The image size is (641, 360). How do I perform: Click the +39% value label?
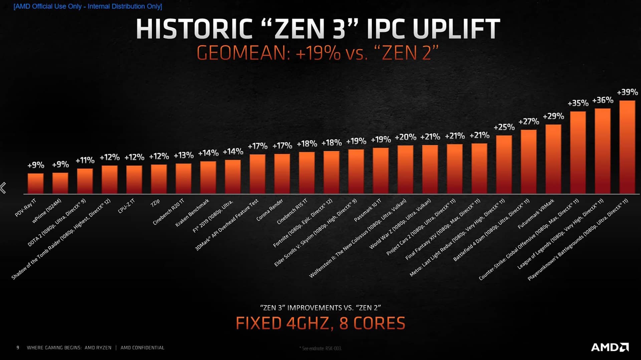(x=627, y=92)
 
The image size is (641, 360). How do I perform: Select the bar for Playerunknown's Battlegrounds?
(x=627, y=147)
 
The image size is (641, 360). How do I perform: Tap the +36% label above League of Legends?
(x=603, y=100)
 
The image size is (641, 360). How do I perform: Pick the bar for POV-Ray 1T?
(x=35, y=183)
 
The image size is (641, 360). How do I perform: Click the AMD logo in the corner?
(x=610, y=347)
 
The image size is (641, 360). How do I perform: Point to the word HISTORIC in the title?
(x=194, y=29)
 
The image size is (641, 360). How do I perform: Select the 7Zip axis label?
(x=155, y=203)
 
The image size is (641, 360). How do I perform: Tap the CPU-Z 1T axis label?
(x=127, y=206)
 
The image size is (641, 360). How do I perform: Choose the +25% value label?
(x=504, y=127)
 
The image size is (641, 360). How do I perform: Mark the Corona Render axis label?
(x=270, y=210)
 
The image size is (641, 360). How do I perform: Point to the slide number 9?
(x=18, y=348)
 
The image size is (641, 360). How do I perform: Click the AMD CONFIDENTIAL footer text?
(x=142, y=348)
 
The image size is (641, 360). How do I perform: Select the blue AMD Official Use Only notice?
(x=88, y=6)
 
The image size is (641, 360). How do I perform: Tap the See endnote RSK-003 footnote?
(x=320, y=348)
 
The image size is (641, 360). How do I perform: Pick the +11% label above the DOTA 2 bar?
(x=85, y=160)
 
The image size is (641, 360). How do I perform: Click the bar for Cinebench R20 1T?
(x=183, y=178)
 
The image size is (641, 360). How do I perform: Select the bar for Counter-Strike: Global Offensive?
(x=578, y=152)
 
